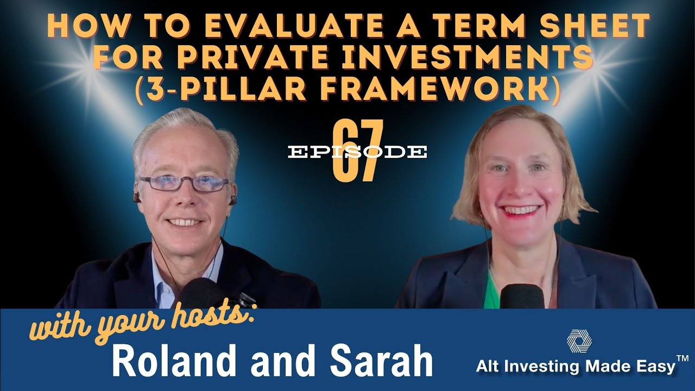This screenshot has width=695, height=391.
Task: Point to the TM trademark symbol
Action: pos(683,358)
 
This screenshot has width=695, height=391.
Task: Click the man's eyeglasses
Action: pos(184,184)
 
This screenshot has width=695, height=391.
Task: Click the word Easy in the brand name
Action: pos(654,367)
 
